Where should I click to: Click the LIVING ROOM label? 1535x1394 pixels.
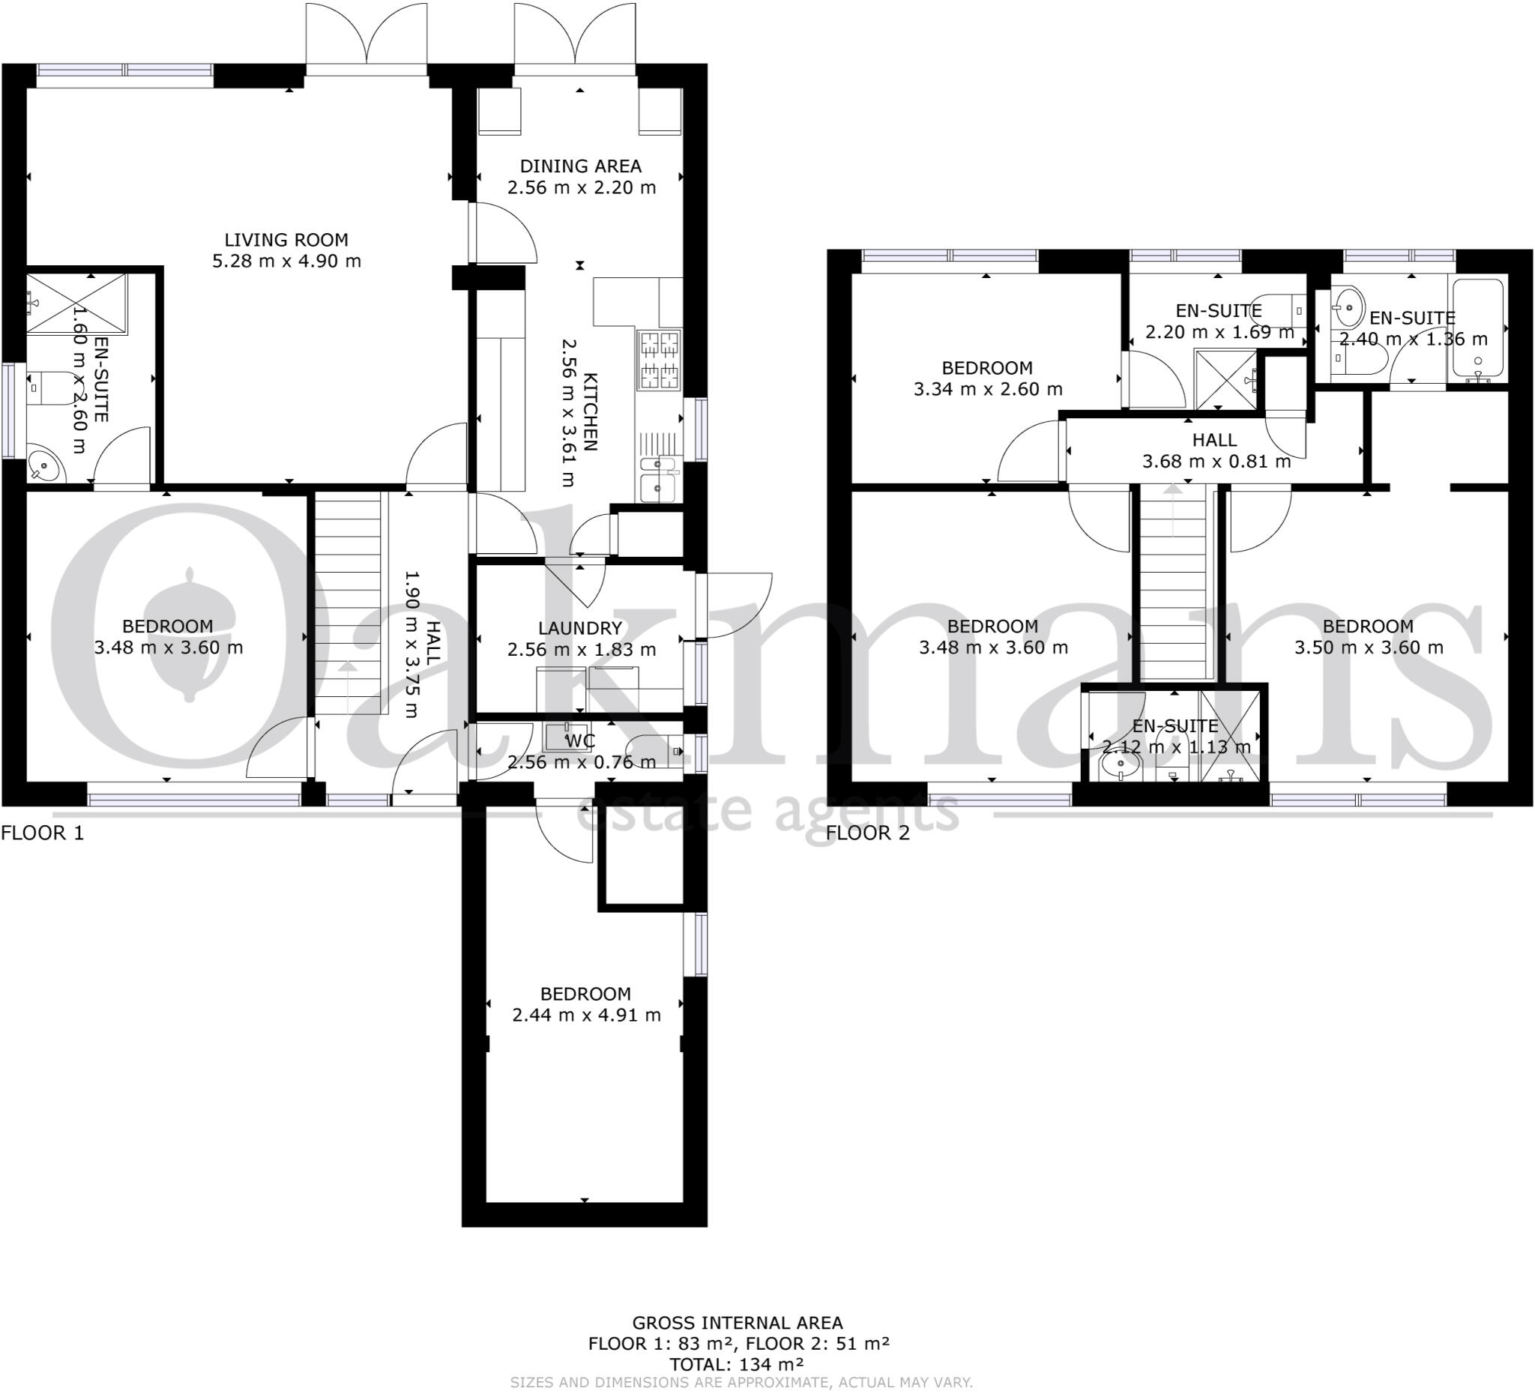click(x=286, y=240)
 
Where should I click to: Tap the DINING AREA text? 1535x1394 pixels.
click(x=580, y=166)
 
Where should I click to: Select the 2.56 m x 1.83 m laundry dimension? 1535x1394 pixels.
click(x=581, y=650)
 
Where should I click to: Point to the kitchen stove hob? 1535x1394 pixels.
click(x=660, y=359)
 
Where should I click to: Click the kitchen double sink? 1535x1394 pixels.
click(x=659, y=479)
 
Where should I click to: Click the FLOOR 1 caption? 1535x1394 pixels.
click(x=43, y=833)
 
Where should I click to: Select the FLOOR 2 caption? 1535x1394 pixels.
click(x=868, y=833)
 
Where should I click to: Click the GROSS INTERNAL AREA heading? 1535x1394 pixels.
click(x=737, y=1324)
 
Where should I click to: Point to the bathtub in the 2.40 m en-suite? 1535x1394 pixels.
click(x=1478, y=329)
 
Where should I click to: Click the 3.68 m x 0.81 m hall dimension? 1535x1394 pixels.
click(x=1216, y=462)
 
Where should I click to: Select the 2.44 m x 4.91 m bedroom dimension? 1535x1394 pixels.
click(x=586, y=1015)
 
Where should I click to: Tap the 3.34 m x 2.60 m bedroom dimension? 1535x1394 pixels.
click(x=988, y=389)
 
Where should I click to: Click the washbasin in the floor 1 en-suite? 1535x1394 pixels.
click(x=46, y=466)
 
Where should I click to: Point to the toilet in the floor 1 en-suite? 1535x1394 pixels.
click(x=47, y=387)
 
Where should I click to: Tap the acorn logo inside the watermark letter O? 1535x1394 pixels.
click(x=187, y=632)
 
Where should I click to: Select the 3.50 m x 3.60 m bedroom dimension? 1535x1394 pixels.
click(x=1369, y=648)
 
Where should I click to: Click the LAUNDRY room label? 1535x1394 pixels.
click(x=580, y=628)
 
